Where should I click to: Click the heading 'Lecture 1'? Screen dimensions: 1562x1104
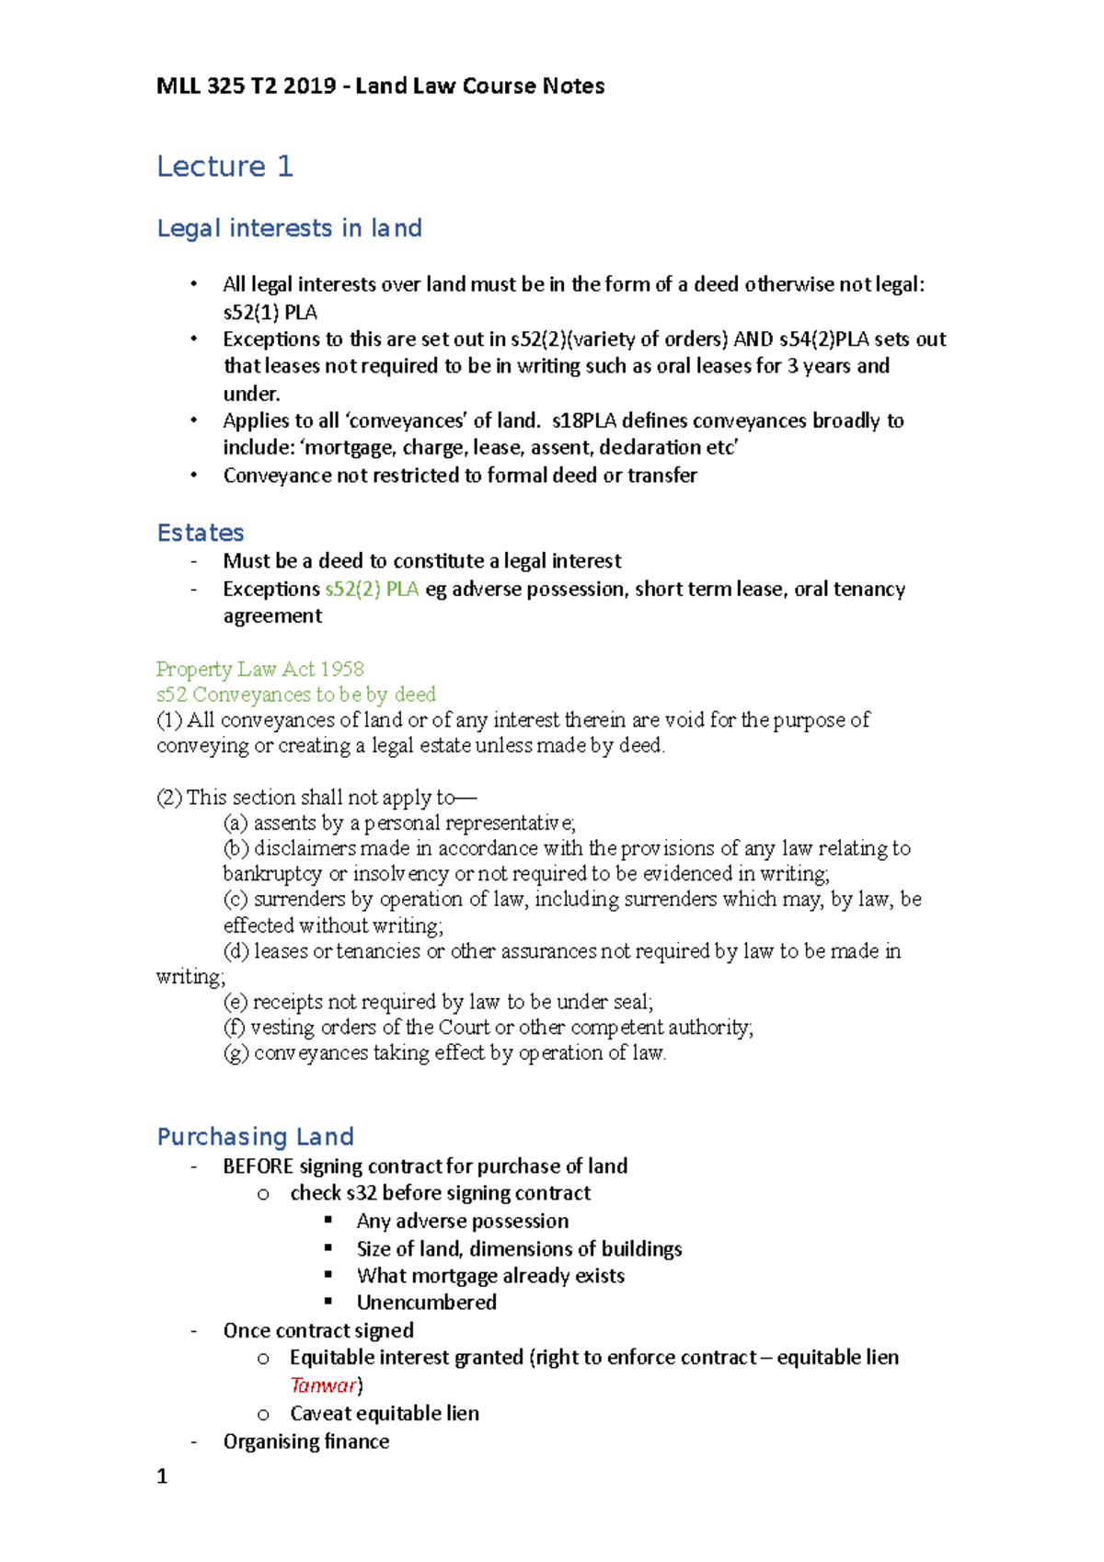(x=224, y=167)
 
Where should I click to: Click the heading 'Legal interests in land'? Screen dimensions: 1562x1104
(x=289, y=228)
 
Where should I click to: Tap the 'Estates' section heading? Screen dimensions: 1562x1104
(x=201, y=533)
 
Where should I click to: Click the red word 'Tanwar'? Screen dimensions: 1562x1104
(x=323, y=1385)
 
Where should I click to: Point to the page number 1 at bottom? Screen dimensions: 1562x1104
(x=162, y=1477)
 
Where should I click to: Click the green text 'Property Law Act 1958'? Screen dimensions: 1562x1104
(x=259, y=669)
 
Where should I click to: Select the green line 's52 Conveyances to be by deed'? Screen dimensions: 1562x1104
(x=295, y=695)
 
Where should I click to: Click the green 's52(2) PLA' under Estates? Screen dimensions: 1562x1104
(x=372, y=589)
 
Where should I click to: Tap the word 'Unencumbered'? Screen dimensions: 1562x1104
(x=426, y=1303)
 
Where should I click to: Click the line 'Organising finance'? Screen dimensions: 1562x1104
(x=305, y=1441)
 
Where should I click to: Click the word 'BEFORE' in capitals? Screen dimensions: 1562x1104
(x=258, y=1166)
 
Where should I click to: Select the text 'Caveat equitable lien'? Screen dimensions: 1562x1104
(x=384, y=1414)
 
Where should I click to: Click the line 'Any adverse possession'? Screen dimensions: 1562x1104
(x=462, y=1222)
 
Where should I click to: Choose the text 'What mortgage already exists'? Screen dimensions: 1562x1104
(x=490, y=1276)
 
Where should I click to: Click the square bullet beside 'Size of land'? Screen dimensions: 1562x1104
(x=328, y=1247)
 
